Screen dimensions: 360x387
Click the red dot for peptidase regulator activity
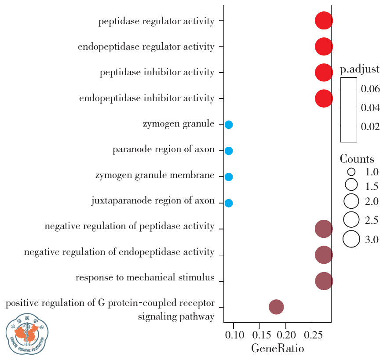[324, 21]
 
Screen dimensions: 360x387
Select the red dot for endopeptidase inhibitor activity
[324, 98]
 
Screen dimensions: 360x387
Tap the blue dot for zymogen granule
[229, 125]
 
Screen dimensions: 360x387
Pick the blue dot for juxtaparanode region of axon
[229, 203]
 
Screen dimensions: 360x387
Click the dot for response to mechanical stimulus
[324, 281]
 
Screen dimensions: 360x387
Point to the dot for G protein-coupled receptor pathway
[276, 307]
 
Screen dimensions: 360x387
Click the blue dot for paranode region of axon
[229, 151]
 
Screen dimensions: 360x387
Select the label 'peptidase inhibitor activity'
[157, 72]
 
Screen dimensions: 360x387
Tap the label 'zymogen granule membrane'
[155, 176]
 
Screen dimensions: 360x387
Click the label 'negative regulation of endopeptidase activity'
[119, 252]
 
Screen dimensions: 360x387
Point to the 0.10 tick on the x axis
[234, 336]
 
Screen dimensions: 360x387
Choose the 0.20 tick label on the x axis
[286, 336]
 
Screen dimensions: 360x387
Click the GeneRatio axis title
[277, 349]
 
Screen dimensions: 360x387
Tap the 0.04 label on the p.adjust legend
[370, 108]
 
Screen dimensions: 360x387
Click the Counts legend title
[357, 159]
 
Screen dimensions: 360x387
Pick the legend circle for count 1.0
[351, 172]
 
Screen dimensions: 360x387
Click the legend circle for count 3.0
[351, 240]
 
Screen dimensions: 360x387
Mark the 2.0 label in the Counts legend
[372, 202]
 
